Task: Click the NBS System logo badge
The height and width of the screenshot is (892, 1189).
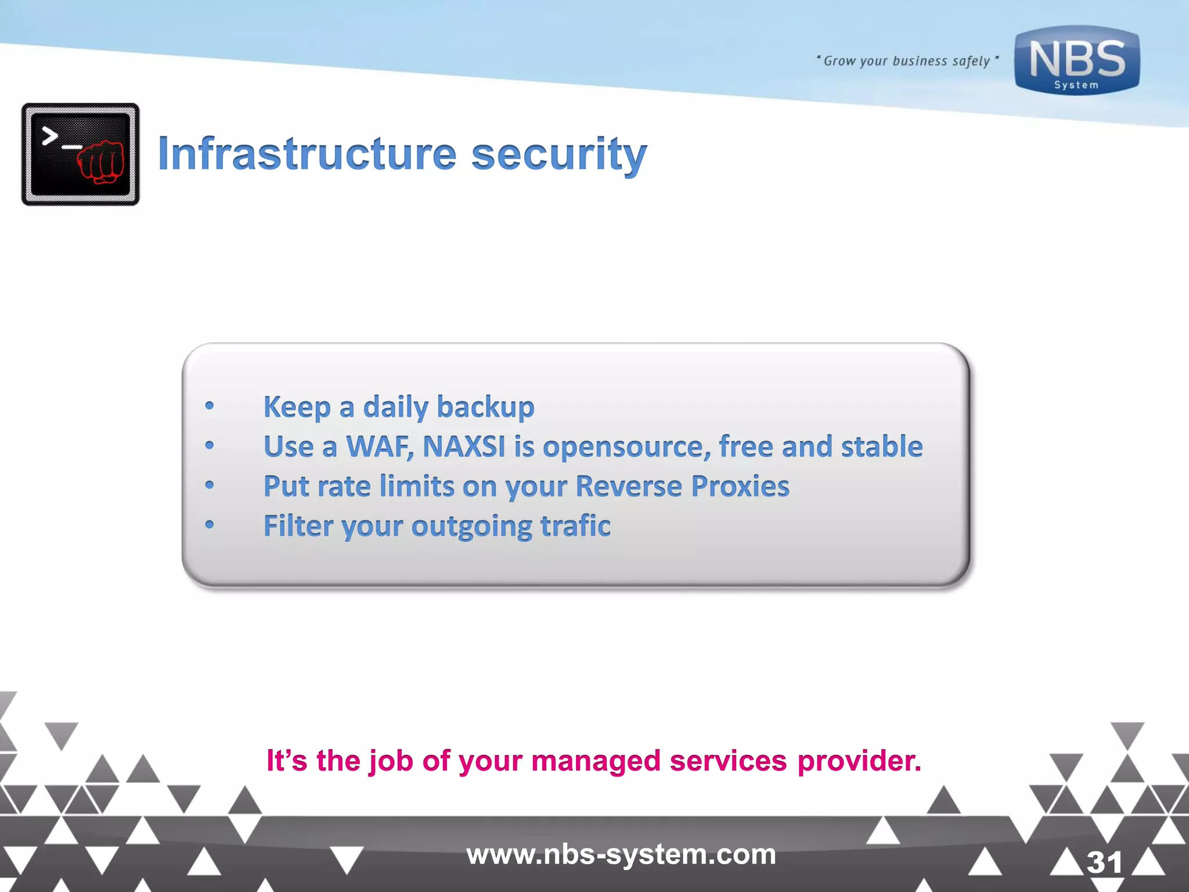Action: pos(1077,60)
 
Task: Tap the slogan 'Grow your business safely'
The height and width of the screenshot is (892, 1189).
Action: pos(907,61)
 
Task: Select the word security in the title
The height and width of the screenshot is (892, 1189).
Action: pos(559,154)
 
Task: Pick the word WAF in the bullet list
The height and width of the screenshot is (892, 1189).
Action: pos(380,447)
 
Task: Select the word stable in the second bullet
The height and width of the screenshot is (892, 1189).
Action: pos(881,447)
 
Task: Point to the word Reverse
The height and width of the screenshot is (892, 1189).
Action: pos(628,486)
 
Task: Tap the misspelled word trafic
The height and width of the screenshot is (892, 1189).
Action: pos(575,526)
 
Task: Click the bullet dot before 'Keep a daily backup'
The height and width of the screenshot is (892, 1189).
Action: pos(210,407)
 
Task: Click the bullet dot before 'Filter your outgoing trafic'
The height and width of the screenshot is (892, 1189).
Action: pos(210,526)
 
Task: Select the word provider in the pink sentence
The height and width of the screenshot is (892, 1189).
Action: pos(859,761)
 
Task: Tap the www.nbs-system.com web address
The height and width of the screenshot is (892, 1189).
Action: pos(621,854)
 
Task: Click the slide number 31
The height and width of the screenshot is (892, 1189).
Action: pos(1104,862)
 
